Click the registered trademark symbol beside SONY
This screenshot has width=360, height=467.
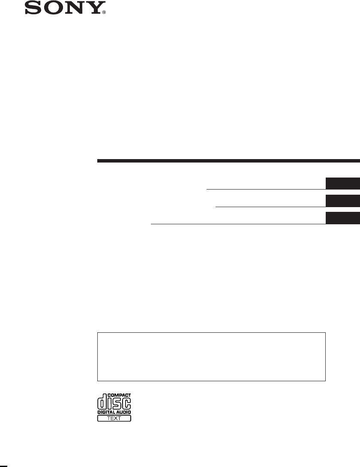(104, 12)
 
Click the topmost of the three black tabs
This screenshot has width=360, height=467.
(343, 184)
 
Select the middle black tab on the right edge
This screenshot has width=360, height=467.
(343, 201)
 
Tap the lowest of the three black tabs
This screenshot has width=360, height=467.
(343, 218)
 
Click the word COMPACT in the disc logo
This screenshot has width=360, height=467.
(119, 395)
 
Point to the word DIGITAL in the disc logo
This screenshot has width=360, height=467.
(106, 412)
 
